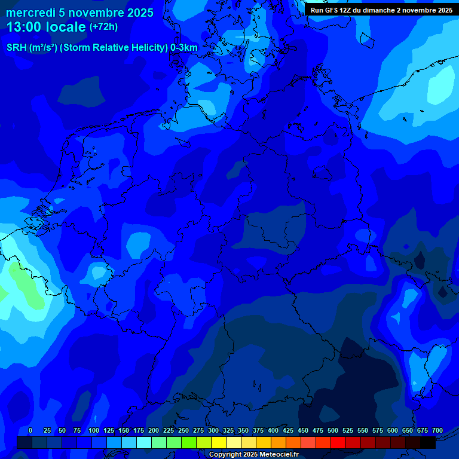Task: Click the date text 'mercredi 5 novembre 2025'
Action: pos(79,13)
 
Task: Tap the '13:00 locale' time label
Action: pos(47,27)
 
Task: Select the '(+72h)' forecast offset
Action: pos(103,27)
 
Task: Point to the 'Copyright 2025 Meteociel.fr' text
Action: pos(253,455)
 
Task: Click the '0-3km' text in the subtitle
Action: pos(184,48)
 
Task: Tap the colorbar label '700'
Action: pos(437,431)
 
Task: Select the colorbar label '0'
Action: pos(30,431)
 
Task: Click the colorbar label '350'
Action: pos(243,431)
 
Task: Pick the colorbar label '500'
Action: pos(333,431)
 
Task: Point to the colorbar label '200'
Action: pos(154,431)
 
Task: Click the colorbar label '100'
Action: pos(94,431)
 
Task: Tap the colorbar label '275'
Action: pos(198,431)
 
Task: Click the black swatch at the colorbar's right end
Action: pos(428,443)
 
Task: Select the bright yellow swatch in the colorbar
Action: pos(219,443)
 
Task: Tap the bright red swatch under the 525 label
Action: pos(338,443)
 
